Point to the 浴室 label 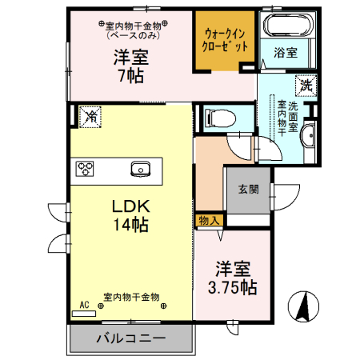(286, 54)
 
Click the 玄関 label (247, 190)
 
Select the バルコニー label (131, 338)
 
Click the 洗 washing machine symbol (305, 84)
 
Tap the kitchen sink (140, 169)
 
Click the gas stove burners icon (86, 168)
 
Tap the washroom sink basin (309, 134)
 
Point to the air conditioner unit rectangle (83, 314)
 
